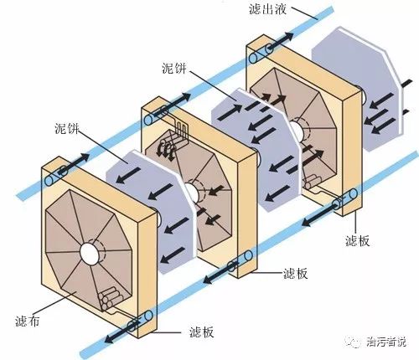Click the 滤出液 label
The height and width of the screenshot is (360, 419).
267,9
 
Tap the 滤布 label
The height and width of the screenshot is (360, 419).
27,321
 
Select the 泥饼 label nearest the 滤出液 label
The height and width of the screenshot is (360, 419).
174,68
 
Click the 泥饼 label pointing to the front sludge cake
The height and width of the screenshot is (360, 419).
67,128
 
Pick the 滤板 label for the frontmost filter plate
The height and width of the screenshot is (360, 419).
201,332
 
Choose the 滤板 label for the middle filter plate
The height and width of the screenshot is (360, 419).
296,273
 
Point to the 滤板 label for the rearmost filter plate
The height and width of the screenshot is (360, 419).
358,240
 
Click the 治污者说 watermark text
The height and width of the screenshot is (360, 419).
386,342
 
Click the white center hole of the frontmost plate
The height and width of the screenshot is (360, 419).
90,254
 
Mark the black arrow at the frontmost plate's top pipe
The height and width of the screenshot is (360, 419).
75,164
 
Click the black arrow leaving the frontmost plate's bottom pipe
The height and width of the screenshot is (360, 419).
122,332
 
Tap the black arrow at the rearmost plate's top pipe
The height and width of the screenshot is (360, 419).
280,42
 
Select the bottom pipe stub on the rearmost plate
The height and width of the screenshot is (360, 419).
346,199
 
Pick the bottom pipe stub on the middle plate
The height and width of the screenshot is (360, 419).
240,260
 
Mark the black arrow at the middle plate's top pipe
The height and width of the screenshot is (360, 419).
173,104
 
